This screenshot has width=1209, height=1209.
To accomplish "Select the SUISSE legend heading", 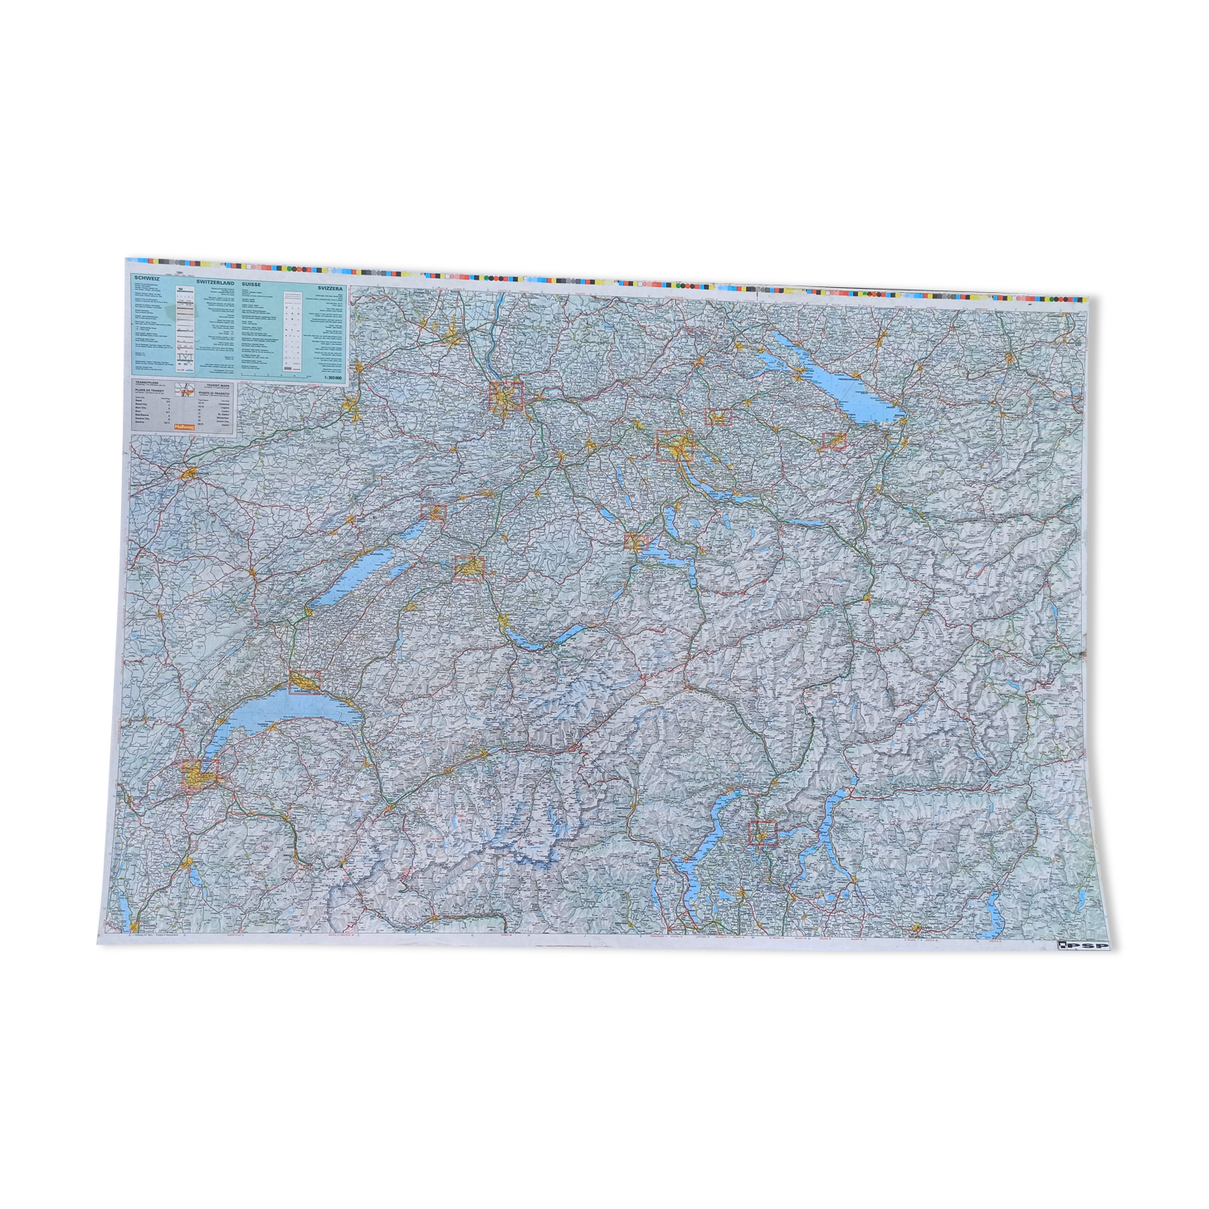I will [250, 283].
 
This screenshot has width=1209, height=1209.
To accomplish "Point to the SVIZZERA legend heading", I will [329, 287].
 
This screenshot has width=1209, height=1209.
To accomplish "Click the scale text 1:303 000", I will [329, 376].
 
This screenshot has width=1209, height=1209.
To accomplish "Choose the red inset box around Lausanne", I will [305, 681].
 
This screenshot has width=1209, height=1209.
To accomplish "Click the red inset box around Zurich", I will [675, 446].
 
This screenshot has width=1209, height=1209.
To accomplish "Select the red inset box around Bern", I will [469, 568].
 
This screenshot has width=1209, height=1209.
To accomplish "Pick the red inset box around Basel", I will [506, 397].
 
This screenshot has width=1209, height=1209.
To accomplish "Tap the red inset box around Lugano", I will [763, 831].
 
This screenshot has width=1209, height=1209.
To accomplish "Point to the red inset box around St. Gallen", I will [832, 441].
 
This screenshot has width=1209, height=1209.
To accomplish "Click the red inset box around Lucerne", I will [636, 542].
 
